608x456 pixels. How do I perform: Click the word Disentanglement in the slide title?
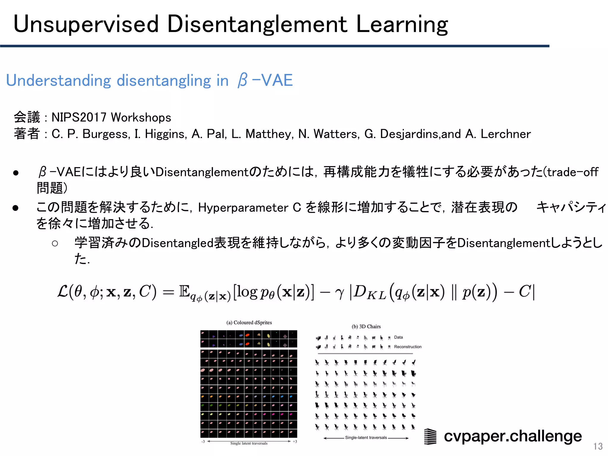coord(257,24)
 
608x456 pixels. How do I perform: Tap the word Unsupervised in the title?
coord(86,24)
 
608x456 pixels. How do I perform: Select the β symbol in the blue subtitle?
coord(242,80)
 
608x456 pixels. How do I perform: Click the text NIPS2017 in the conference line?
coord(79,118)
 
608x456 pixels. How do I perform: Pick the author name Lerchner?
coord(506,134)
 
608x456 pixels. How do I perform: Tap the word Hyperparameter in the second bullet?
coord(243,208)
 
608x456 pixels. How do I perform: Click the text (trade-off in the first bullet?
coord(571,172)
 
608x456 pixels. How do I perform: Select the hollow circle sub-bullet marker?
coord(55,244)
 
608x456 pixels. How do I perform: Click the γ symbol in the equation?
coord(339,292)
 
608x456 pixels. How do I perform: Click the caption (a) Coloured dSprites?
coord(249,323)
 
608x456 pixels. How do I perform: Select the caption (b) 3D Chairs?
coord(366,327)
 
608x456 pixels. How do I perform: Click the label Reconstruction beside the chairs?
coord(408,347)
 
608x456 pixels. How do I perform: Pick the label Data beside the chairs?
coord(398,337)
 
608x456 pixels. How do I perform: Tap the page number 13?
coord(598,446)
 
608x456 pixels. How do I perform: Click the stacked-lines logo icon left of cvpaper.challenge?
coord(430,436)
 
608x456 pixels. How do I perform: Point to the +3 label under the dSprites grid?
coord(295,441)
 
